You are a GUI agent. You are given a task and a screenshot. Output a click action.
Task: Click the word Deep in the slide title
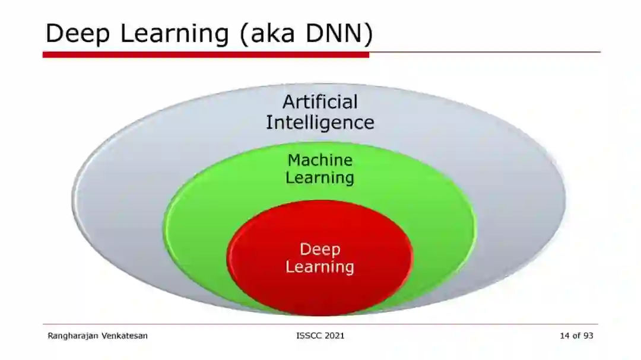point(78,33)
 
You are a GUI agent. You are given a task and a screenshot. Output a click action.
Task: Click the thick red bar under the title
point(205,54)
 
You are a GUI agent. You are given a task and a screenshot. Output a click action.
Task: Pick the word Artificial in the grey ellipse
point(320,102)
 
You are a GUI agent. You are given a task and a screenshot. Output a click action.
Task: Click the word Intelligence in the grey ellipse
point(320,122)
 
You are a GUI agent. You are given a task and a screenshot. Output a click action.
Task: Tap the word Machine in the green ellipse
point(320,160)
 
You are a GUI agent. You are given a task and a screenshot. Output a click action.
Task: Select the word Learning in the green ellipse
point(320,177)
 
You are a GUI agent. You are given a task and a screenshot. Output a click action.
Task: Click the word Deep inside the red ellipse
point(320,249)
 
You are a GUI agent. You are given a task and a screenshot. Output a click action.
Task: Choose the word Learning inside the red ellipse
point(320,267)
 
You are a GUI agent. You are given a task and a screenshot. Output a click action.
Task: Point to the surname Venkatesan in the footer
point(125,336)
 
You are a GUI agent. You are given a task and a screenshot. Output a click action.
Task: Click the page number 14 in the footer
point(564,336)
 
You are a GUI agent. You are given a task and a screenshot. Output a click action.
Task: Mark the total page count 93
point(588,336)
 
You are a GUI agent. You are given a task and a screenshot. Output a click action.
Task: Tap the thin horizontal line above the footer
point(320,324)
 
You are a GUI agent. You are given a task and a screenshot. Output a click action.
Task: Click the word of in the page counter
point(576,336)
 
